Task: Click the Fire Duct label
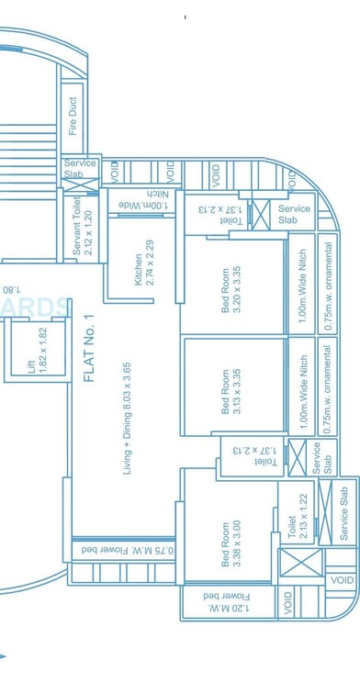(x=73, y=117)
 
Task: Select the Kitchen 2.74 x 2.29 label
(x=145, y=263)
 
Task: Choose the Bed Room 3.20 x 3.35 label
(x=231, y=291)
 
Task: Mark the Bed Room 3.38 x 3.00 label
(x=231, y=545)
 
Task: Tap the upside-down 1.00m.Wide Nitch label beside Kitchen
(x=152, y=203)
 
